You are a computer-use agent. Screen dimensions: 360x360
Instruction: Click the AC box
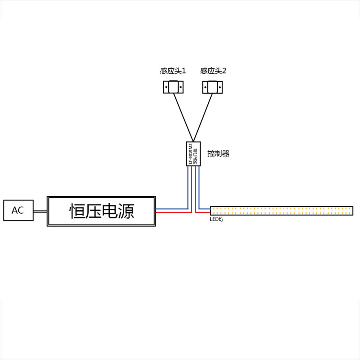click(x=18, y=210)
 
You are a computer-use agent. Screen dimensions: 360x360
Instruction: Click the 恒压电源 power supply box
click(x=101, y=211)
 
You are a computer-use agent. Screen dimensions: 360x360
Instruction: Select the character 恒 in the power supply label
click(x=78, y=211)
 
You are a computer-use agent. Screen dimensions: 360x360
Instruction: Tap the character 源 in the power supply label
click(x=125, y=211)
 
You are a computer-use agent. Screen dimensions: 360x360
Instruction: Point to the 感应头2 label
click(x=213, y=71)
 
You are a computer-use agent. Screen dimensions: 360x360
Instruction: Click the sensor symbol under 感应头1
click(x=173, y=87)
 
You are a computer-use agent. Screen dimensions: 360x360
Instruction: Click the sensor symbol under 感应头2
click(x=212, y=87)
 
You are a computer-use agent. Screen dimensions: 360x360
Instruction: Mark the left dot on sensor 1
click(x=167, y=87)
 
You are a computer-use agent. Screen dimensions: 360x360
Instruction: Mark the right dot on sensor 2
click(x=218, y=87)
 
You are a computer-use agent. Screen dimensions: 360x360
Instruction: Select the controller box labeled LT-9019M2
click(x=193, y=154)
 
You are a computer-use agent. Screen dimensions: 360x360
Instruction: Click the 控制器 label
click(x=218, y=154)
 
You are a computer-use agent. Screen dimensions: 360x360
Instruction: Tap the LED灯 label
click(x=216, y=219)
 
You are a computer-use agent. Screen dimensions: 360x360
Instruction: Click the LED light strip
click(x=282, y=210)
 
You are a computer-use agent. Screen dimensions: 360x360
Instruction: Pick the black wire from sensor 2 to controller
click(x=203, y=115)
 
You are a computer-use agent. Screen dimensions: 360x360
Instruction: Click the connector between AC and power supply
click(x=40, y=211)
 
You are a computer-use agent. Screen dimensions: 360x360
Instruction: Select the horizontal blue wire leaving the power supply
click(x=170, y=209)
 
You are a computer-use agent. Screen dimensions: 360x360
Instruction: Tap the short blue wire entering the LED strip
click(x=205, y=209)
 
